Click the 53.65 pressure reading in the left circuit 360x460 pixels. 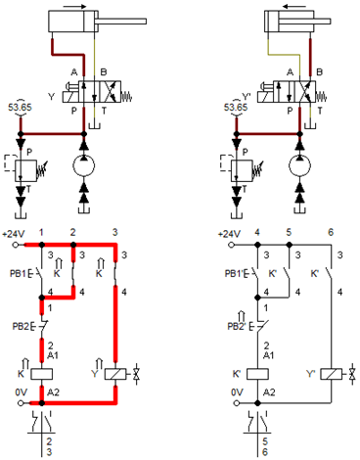tap(20, 109)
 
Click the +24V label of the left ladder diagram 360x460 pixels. tap(14, 234)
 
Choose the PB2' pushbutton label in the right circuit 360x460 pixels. tap(237, 326)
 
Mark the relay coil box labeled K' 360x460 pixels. tap(261, 373)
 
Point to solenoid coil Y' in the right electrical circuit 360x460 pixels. tap(334, 373)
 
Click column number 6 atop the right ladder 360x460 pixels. tap(333, 232)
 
